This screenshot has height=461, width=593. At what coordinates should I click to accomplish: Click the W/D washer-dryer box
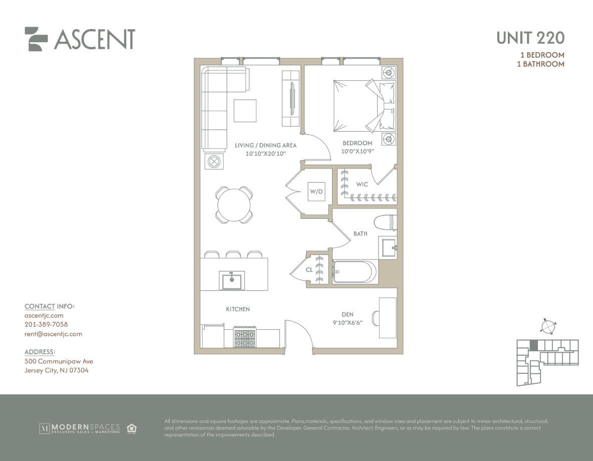316,191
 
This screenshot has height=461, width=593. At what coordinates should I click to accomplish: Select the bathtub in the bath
355,272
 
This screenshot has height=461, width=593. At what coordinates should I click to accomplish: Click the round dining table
234,205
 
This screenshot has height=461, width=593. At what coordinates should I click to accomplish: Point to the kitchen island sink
231,281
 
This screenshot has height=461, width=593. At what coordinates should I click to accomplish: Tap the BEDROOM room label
358,143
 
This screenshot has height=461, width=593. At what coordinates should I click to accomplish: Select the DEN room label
348,315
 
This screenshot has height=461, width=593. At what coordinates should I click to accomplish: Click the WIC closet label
362,184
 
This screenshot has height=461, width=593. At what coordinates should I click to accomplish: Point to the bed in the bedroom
364,106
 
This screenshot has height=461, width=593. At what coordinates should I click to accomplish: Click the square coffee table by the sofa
245,111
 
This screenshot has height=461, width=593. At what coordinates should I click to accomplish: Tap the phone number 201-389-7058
46,324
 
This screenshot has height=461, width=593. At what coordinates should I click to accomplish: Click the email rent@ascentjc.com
53,334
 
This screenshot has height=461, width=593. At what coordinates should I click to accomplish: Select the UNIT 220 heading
530,38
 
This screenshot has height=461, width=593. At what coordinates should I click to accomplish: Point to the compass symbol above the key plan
548,326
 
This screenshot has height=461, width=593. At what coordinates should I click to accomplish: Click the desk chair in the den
376,318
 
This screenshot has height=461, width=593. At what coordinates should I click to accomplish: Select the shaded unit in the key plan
533,345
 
